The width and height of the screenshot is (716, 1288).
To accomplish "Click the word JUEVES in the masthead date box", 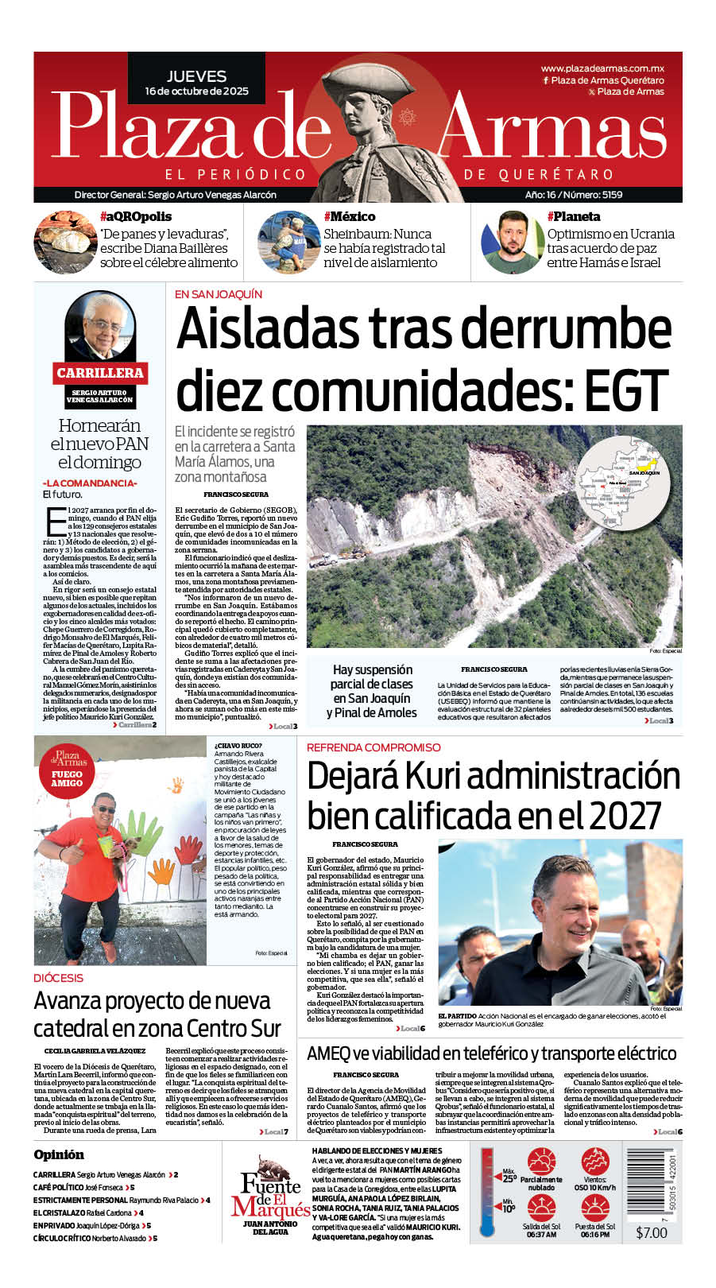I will point(196,76).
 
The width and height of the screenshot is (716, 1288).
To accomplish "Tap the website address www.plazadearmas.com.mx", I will point(602,69).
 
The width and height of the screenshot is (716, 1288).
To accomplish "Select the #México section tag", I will point(350,216).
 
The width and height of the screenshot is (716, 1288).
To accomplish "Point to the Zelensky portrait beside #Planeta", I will point(511,242).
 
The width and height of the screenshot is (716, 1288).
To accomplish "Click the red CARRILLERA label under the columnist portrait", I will point(100,372).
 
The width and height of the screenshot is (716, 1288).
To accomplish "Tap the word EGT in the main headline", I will point(627,390).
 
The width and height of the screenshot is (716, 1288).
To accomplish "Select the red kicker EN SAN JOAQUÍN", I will point(219,294).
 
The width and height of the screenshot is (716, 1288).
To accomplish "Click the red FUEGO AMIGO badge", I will point(67,778).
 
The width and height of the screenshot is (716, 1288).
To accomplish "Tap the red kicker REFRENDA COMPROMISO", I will point(373,747).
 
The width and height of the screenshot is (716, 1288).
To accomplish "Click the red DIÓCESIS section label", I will point(58,978).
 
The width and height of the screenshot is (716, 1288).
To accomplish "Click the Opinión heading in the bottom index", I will point(59,1154).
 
